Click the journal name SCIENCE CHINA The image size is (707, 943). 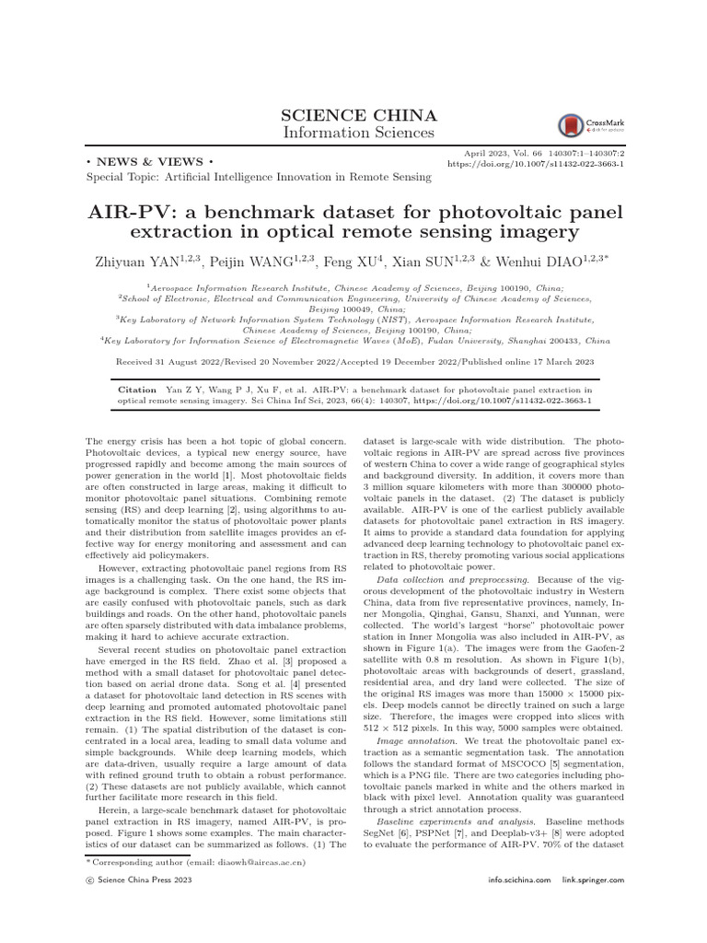[x=353, y=116]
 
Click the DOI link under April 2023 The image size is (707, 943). [x=535, y=164]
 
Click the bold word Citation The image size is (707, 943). [x=137, y=390]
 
